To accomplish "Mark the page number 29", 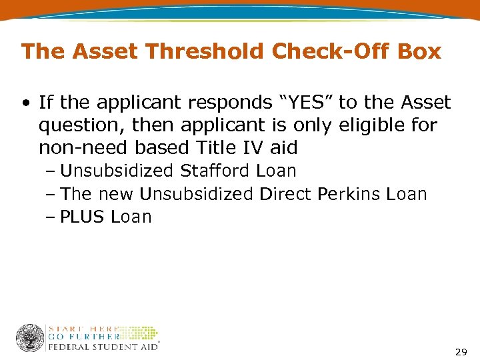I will pyautogui.click(x=460, y=351).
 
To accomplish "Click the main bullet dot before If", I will pyautogui.click(x=25, y=103).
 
